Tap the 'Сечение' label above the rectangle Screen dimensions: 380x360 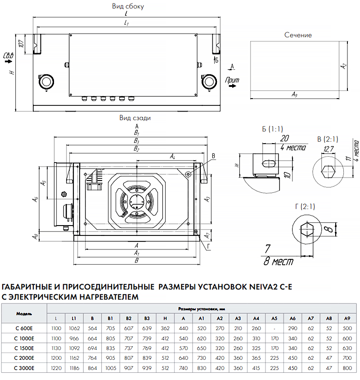pyautogui.click(x=298, y=35)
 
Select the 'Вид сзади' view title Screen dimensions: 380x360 pyautogui.click(x=135, y=118)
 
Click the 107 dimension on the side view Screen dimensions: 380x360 pyautogui.click(x=21, y=44)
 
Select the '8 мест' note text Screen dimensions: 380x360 pyautogui.click(x=279, y=262)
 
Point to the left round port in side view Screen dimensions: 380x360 pyautogui.click(x=46, y=82)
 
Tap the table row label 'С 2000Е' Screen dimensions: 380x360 pyautogui.click(x=24, y=358)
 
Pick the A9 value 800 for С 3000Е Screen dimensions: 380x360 pyautogui.click(x=347, y=368)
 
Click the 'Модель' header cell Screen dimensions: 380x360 pyautogui.click(x=24, y=313)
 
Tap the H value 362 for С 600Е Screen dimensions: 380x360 pyautogui.click(x=165, y=328)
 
